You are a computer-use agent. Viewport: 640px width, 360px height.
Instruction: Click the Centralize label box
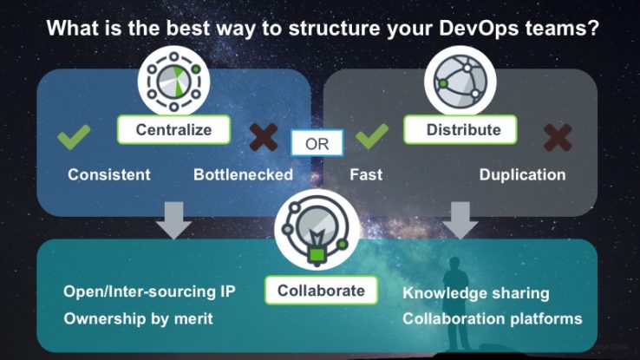[174, 130]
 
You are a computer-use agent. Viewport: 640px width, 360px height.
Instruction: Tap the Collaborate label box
[321, 291]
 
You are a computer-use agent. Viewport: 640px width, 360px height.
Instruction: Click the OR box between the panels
[317, 144]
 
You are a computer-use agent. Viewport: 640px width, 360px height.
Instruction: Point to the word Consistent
[109, 174]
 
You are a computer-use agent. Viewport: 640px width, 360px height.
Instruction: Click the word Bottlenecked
[243, 174]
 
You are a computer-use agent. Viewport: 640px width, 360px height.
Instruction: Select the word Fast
[367, 174]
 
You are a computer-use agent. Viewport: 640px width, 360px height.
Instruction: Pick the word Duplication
[522, 174]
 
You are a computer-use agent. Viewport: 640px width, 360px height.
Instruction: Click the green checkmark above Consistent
[74, 137]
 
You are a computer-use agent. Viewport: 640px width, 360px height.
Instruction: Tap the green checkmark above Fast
[371, 137]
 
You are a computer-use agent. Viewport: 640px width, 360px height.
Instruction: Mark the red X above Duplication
[558, 137]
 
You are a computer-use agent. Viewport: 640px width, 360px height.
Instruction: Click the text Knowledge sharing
[476, 293]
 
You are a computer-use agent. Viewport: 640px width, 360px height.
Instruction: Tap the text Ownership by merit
[139, 318]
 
